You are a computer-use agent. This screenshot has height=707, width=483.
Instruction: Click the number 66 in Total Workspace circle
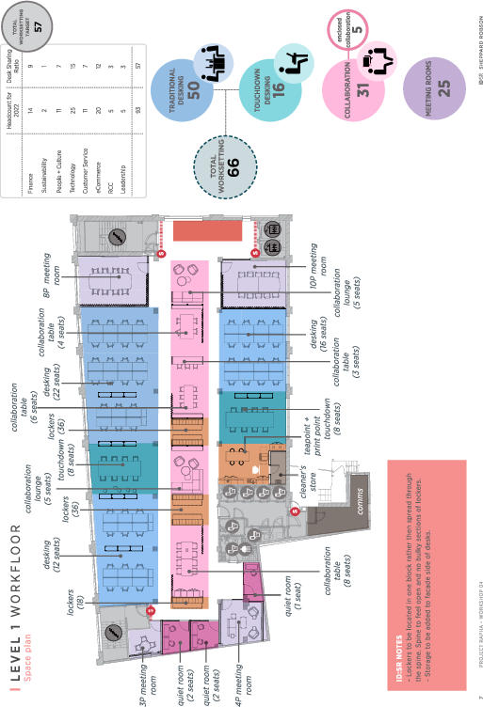[x=233, y=163]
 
